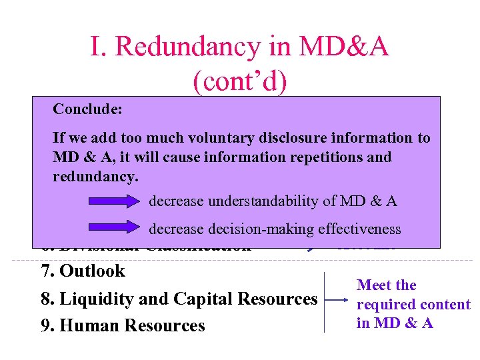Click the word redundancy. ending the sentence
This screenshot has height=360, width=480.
click(x=95, y=176)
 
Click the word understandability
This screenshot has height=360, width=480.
click(x=275, y=201)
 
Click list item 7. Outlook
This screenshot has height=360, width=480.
click(x=83, y=271)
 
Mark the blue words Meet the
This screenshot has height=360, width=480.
click(x=387, y=285)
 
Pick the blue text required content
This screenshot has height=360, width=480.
click(x=413, y=305)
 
